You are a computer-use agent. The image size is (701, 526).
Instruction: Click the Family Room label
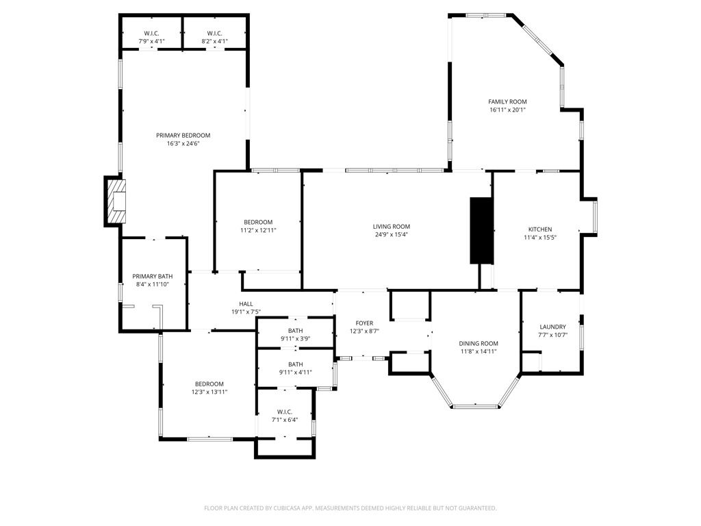507,101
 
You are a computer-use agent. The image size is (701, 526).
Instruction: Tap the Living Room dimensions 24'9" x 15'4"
391,235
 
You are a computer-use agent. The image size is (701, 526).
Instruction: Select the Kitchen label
539,229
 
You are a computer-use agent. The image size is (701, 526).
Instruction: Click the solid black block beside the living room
481,230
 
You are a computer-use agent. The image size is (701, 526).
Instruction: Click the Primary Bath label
152,276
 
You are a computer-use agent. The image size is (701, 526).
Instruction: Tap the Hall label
246,304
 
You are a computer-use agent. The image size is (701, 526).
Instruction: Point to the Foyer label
364,323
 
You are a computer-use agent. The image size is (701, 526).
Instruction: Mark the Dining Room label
479,344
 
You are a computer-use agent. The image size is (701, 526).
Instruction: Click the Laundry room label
552,327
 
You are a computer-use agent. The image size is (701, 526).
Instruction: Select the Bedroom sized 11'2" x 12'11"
258,222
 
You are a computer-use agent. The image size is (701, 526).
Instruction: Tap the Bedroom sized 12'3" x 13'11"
209,384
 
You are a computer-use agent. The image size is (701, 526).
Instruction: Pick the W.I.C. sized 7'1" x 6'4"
285,412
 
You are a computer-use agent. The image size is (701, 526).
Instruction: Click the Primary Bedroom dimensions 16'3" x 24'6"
183,144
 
